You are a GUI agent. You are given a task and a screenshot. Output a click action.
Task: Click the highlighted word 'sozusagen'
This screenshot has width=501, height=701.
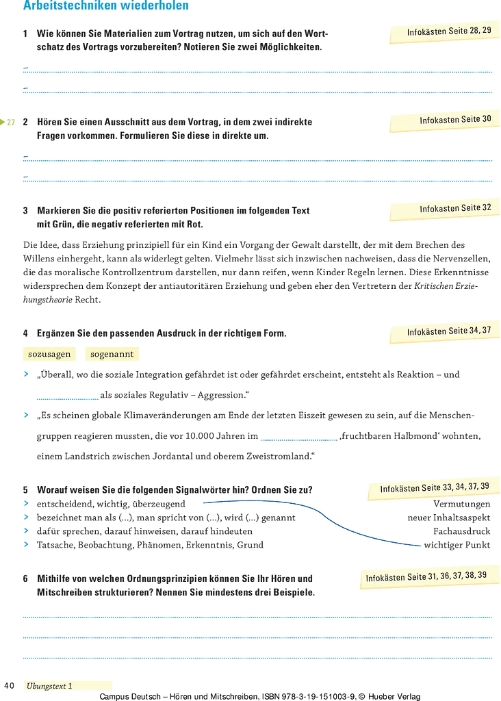point(49,354)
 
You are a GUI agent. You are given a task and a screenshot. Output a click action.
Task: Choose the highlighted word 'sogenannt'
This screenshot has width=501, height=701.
point(112,354)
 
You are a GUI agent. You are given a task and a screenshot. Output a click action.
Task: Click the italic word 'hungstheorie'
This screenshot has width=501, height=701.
point(48,300)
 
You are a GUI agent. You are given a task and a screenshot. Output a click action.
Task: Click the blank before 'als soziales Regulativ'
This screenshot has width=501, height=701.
point(68,397)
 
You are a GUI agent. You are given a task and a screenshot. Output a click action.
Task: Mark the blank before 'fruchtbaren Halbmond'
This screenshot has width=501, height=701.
point(299,438)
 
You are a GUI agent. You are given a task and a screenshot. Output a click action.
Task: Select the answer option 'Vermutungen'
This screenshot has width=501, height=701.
point(462,505)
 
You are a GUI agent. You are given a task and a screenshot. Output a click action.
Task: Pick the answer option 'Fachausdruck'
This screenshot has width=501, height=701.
point(462,531)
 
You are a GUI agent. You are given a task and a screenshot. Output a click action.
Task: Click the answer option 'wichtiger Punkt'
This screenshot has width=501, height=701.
point(457,545)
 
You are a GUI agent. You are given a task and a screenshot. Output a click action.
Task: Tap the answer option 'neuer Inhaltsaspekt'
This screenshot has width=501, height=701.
point(449,518)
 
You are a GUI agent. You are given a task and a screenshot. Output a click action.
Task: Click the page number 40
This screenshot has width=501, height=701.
point(10,686)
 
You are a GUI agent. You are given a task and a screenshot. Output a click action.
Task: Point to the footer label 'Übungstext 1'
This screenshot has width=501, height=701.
point(49,686)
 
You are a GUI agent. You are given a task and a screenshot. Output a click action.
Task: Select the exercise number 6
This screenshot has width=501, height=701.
point(25,578)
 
